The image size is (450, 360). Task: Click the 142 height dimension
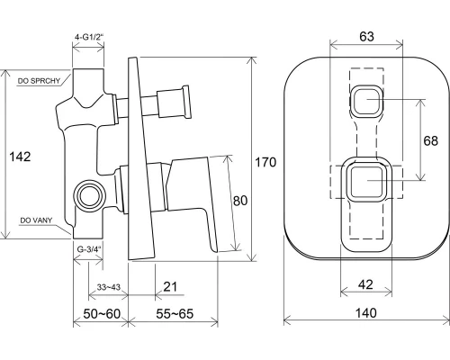click(x=20, y=157)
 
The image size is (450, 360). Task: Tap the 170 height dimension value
click(x=265, y=162)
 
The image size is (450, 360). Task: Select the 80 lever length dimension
click(x=240, y=201)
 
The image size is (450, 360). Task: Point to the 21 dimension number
click(x=170, y=287)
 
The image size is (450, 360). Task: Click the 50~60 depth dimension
click(x=102, y=314)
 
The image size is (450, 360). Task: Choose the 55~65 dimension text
click(x=175, y=314)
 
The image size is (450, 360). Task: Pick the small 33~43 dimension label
click(x=109, y=287)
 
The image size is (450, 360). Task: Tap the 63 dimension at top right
click(x=366, y=36)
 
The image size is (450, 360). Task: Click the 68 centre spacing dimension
click(x=430, y=140)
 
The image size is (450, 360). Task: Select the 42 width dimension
click(x=365, y=284)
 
